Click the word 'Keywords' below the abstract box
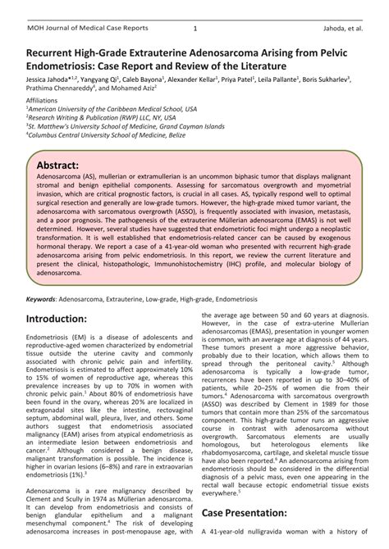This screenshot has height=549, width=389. point(45,300)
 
